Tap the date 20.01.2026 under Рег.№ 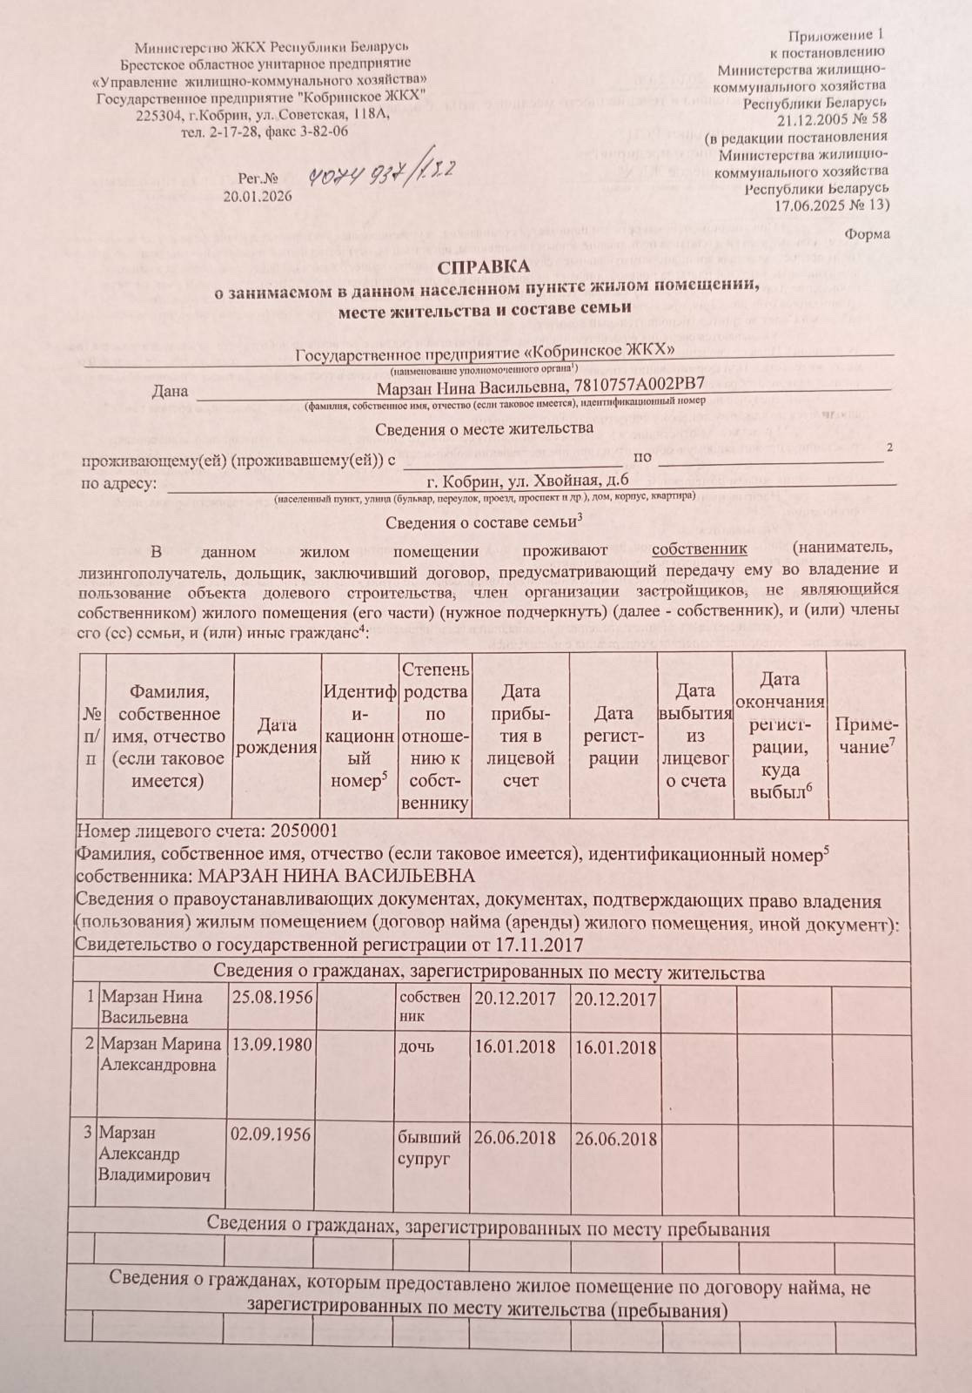coord(258,196)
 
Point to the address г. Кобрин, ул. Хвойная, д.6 coord(527,481)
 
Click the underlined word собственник coord(700,549)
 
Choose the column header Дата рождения coord(277,736)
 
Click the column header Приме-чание coord(866,736)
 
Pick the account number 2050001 coord(305,831)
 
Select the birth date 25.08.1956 coord(272,997)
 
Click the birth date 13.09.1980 coord(272,1044)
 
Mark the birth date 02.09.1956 coord(271,1134)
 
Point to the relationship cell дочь coord(416,1046)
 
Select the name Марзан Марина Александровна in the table coord(160,1053)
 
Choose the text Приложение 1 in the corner coord(835,36)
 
